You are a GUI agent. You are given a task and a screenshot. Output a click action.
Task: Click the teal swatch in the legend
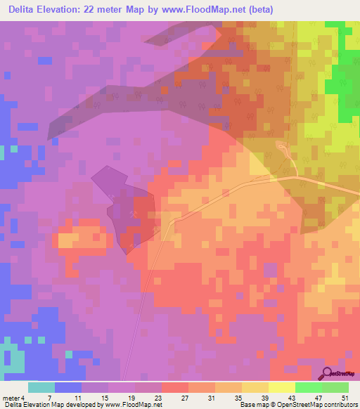click(41, 387)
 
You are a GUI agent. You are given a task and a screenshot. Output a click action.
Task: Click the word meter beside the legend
click(12, 398)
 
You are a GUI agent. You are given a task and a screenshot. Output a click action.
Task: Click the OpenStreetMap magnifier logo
click(327, 374)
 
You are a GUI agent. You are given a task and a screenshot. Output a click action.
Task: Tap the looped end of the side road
click(282, 147)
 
